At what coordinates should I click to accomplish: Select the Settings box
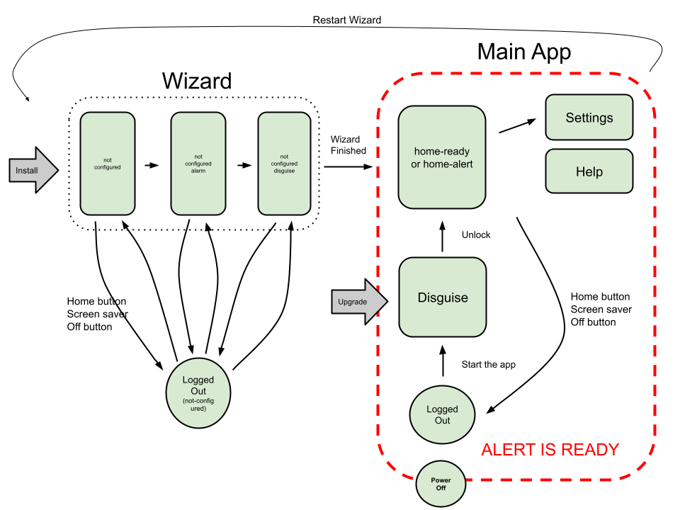(589, 118)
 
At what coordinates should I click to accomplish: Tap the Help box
(589, 171)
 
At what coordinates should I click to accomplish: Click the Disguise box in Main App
(443, 297)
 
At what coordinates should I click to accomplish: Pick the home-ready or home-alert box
(442, 157)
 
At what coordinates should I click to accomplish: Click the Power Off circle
(441, 484)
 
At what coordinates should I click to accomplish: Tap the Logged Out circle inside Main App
(442, 415)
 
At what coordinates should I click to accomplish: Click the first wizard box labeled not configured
(108, 164)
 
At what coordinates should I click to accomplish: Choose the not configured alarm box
(198, 164)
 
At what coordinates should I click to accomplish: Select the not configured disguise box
(285, 164)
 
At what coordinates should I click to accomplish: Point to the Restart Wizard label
(347, 20)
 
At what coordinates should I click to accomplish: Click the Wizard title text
(197, 81)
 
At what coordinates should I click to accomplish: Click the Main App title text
(523, 52)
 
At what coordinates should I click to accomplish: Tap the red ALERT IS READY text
(550, 450)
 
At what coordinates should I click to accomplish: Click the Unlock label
(476, 234)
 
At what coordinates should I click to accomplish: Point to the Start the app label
(489, 365)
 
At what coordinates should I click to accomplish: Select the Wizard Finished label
(348, 145)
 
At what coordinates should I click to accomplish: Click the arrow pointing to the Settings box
(517, 126)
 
